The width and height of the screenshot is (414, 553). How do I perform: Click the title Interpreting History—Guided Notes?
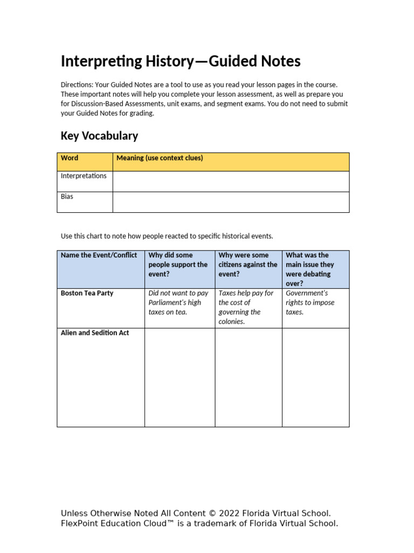click(x=181, y=62)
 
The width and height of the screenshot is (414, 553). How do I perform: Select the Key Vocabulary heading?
click(x=99, y=136)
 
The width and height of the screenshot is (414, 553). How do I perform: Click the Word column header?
click(x=70, y=158)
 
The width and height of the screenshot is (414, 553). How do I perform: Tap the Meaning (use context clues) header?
click(x=160, y=158)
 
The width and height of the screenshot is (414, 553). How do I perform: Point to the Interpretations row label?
click(x=84, y=176)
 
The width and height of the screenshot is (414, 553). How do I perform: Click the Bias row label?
click(x=67, y=197)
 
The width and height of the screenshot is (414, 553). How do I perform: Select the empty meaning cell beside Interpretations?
click(x=231, y=181)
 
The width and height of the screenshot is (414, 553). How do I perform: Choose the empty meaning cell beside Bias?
click(x=231, y=202)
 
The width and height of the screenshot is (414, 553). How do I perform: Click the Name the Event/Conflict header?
click(x=99, y=255)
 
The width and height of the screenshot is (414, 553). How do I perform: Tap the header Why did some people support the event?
click(x=178, y=265)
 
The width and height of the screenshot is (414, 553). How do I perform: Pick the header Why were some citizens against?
click(x=248, y=265)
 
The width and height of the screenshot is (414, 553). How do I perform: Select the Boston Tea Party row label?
click(x=87, y=293)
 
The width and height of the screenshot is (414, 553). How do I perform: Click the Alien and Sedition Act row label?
click(x=95, y=333)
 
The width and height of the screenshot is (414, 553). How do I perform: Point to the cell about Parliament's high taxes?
click(x=178, y=302)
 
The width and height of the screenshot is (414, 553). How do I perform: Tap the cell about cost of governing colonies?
click(x=246, y=307)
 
